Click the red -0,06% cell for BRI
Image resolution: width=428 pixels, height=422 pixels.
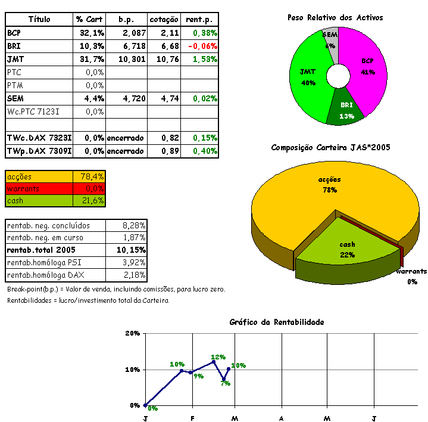click(202, 46)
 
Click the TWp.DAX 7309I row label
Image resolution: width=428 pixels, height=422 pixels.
click(39, 151)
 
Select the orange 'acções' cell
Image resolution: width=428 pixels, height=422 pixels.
click(39, 176)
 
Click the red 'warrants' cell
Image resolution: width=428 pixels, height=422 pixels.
click(39, 188)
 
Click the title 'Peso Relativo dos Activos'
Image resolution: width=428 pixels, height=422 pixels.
click(335, 18)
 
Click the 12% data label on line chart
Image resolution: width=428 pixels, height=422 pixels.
click(218, 357)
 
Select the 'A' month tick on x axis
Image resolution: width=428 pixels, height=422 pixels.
click(280, 418)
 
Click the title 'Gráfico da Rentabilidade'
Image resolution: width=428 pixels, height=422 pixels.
click(276, 322)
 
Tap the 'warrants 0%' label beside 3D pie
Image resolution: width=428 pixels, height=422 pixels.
click(411, 277)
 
